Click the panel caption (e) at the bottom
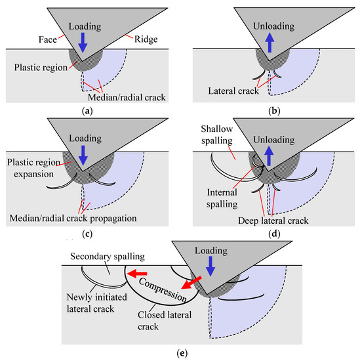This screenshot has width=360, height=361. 180,353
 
